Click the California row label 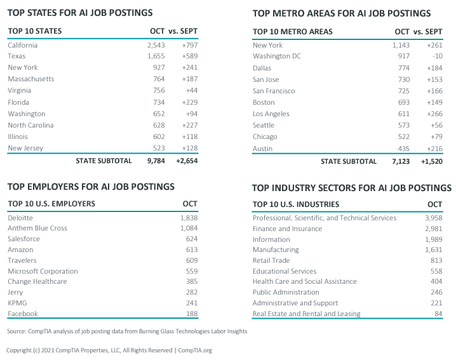23,45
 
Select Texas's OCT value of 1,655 156,57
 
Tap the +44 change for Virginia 190,91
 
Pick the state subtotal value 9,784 155,161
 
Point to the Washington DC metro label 277,57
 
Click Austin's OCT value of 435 402,148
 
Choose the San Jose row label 267,79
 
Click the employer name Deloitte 20,217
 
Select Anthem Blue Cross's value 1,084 189,228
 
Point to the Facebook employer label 23,314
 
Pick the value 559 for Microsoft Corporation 191,271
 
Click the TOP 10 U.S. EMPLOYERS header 51,204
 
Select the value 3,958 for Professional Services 433,218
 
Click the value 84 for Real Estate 438,314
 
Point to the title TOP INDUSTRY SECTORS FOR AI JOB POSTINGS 351,188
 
